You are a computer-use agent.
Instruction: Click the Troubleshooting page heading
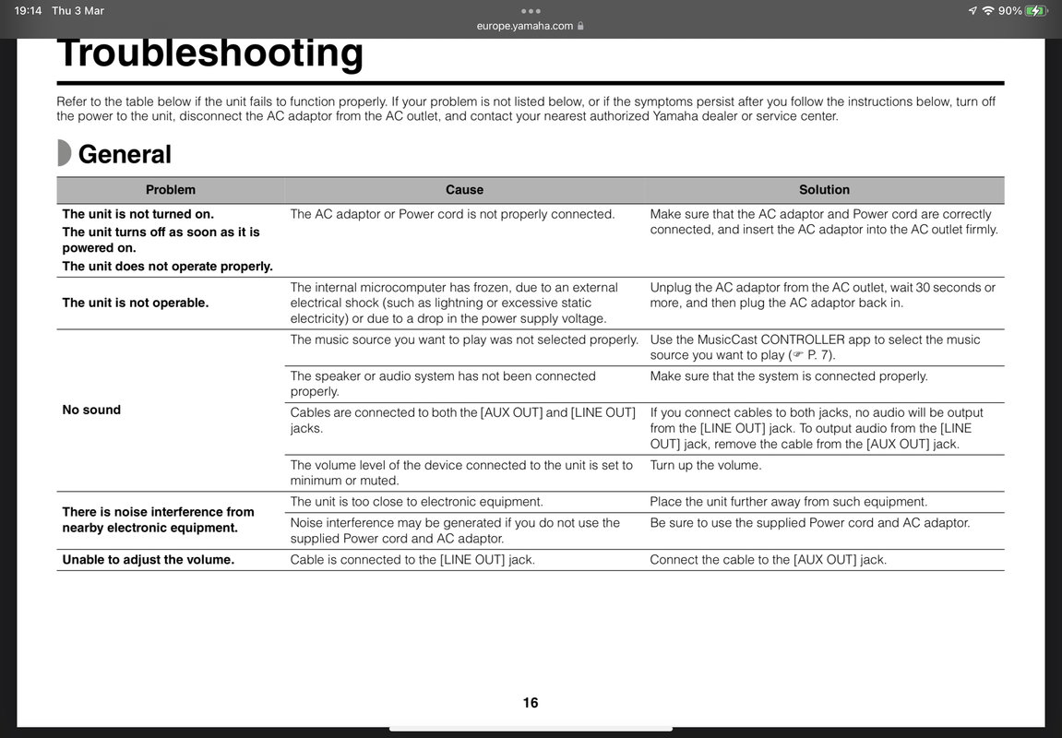click(x=209, y=54)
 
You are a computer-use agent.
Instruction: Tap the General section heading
click(x=125, y=154)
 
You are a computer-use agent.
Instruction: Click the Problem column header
click(x=171, y=190)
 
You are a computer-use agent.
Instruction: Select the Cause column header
click(x=464, y=190)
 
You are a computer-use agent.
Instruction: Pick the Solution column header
click(x=824, y=190)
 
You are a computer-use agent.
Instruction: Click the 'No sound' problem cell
click(x=91, y=410)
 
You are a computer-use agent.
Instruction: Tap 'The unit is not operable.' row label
click(x=135, y=303)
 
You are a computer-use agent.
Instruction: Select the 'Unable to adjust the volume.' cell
click(x=148, y=560)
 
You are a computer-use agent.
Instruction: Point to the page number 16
click(x=531, y=703)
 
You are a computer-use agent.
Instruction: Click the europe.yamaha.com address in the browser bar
click(x=525, y=26)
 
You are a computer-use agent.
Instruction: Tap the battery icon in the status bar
click(x=1036, y=11)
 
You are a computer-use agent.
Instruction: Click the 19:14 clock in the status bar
click(x=28, y=11)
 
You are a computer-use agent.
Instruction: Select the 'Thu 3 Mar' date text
click(x=78, y=11)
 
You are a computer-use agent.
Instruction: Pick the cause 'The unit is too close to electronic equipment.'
click(x=416, y=502)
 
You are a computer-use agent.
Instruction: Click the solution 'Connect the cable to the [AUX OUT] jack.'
click(x=768, y=560)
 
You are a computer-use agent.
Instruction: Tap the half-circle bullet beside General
click(x=64, y=153)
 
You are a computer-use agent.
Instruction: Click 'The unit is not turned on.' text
click(x=137, y=214)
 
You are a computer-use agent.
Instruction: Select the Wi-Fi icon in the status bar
click(x=988, y=11)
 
